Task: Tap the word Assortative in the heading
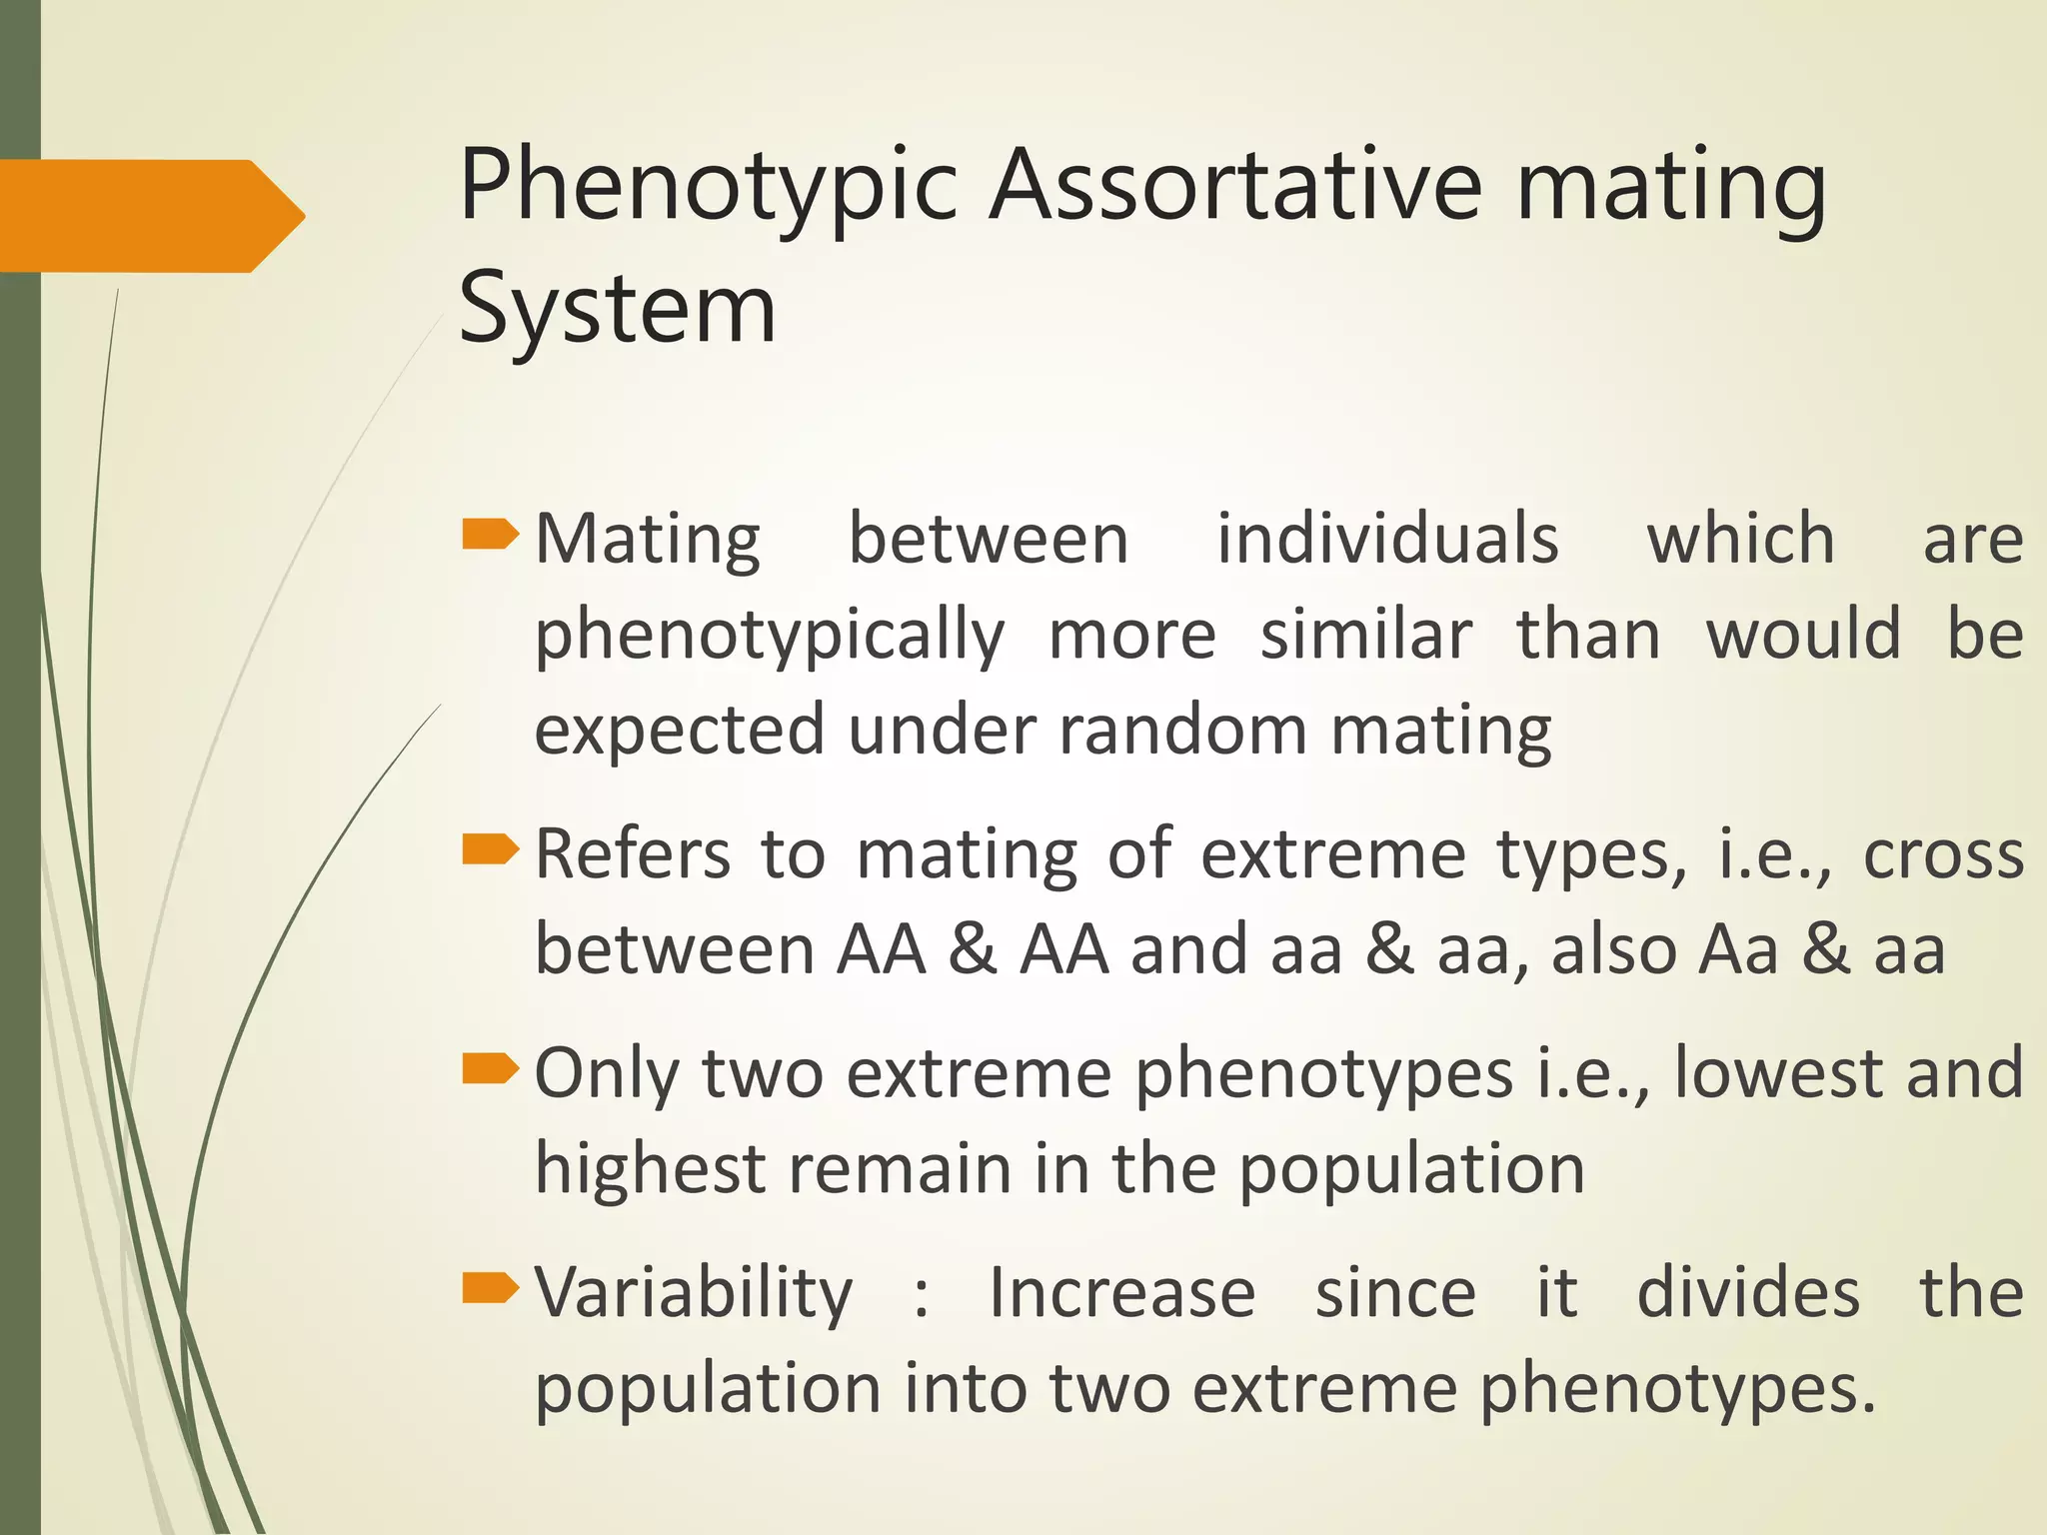(x=1234, y=186)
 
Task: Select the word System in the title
(x=617, y=310)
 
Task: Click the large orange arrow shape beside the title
(x=150, y=216)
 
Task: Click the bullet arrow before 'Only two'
(x=490, y=1070)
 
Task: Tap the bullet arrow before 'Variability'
(x=490, y=1289)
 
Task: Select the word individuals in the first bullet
(x=1387, y=540)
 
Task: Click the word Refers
(x=633, y=855)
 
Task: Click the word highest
(x=650, y=1168)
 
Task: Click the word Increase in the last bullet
(x=1121, y=1292)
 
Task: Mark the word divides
(x=1748, y=1292)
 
